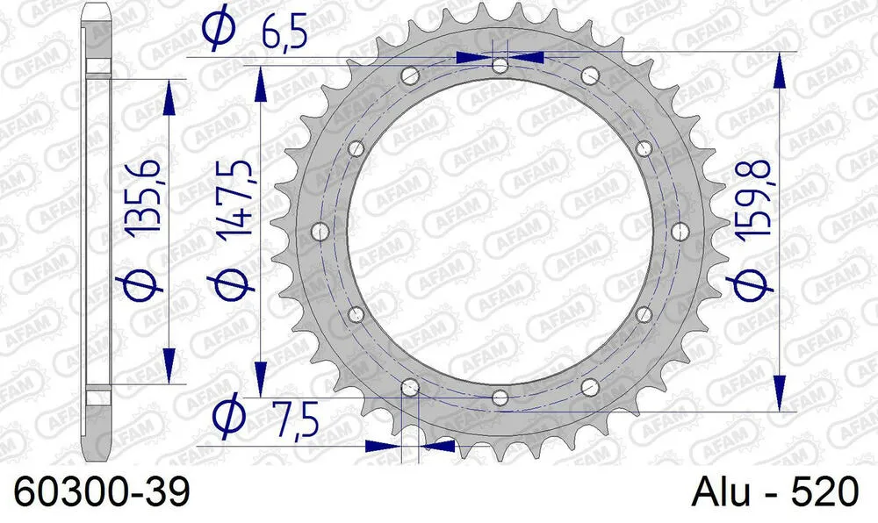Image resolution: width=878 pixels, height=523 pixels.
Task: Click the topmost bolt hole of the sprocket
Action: click(x=500, y=66)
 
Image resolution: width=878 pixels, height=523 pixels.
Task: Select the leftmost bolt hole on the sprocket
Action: click(x=320, y=231)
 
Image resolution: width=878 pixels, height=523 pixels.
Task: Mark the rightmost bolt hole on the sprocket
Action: click(x=680, y=231)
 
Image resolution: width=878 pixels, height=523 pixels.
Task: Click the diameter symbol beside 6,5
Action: click(x=217, y=28)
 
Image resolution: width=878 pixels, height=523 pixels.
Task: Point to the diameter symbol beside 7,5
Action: click(x=230, y=415)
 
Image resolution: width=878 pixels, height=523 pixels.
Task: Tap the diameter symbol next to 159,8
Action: click(x=752, y=283)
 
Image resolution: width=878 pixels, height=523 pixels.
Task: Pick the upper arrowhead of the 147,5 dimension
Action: click(x=260, y=83)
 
